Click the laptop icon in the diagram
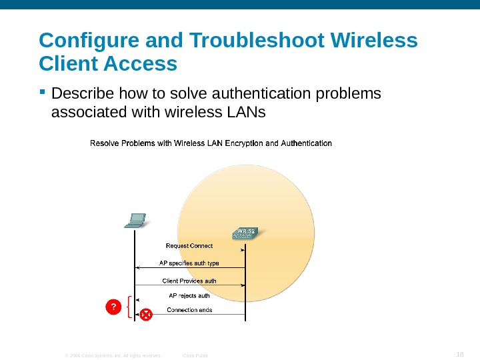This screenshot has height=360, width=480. tap(135, 220)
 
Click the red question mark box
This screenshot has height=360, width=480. tap(114, 307)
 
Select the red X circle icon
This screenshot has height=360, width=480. tap(146, 313)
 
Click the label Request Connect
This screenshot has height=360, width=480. tap(189, 246)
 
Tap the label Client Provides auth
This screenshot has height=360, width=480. tap(189, 281)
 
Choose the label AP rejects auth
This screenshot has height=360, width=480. tap(190, 295)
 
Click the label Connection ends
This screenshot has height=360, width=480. tap(190, 310)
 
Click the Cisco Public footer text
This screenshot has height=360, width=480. tap(195, 355)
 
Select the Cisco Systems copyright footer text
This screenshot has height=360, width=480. tap(113, 355)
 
